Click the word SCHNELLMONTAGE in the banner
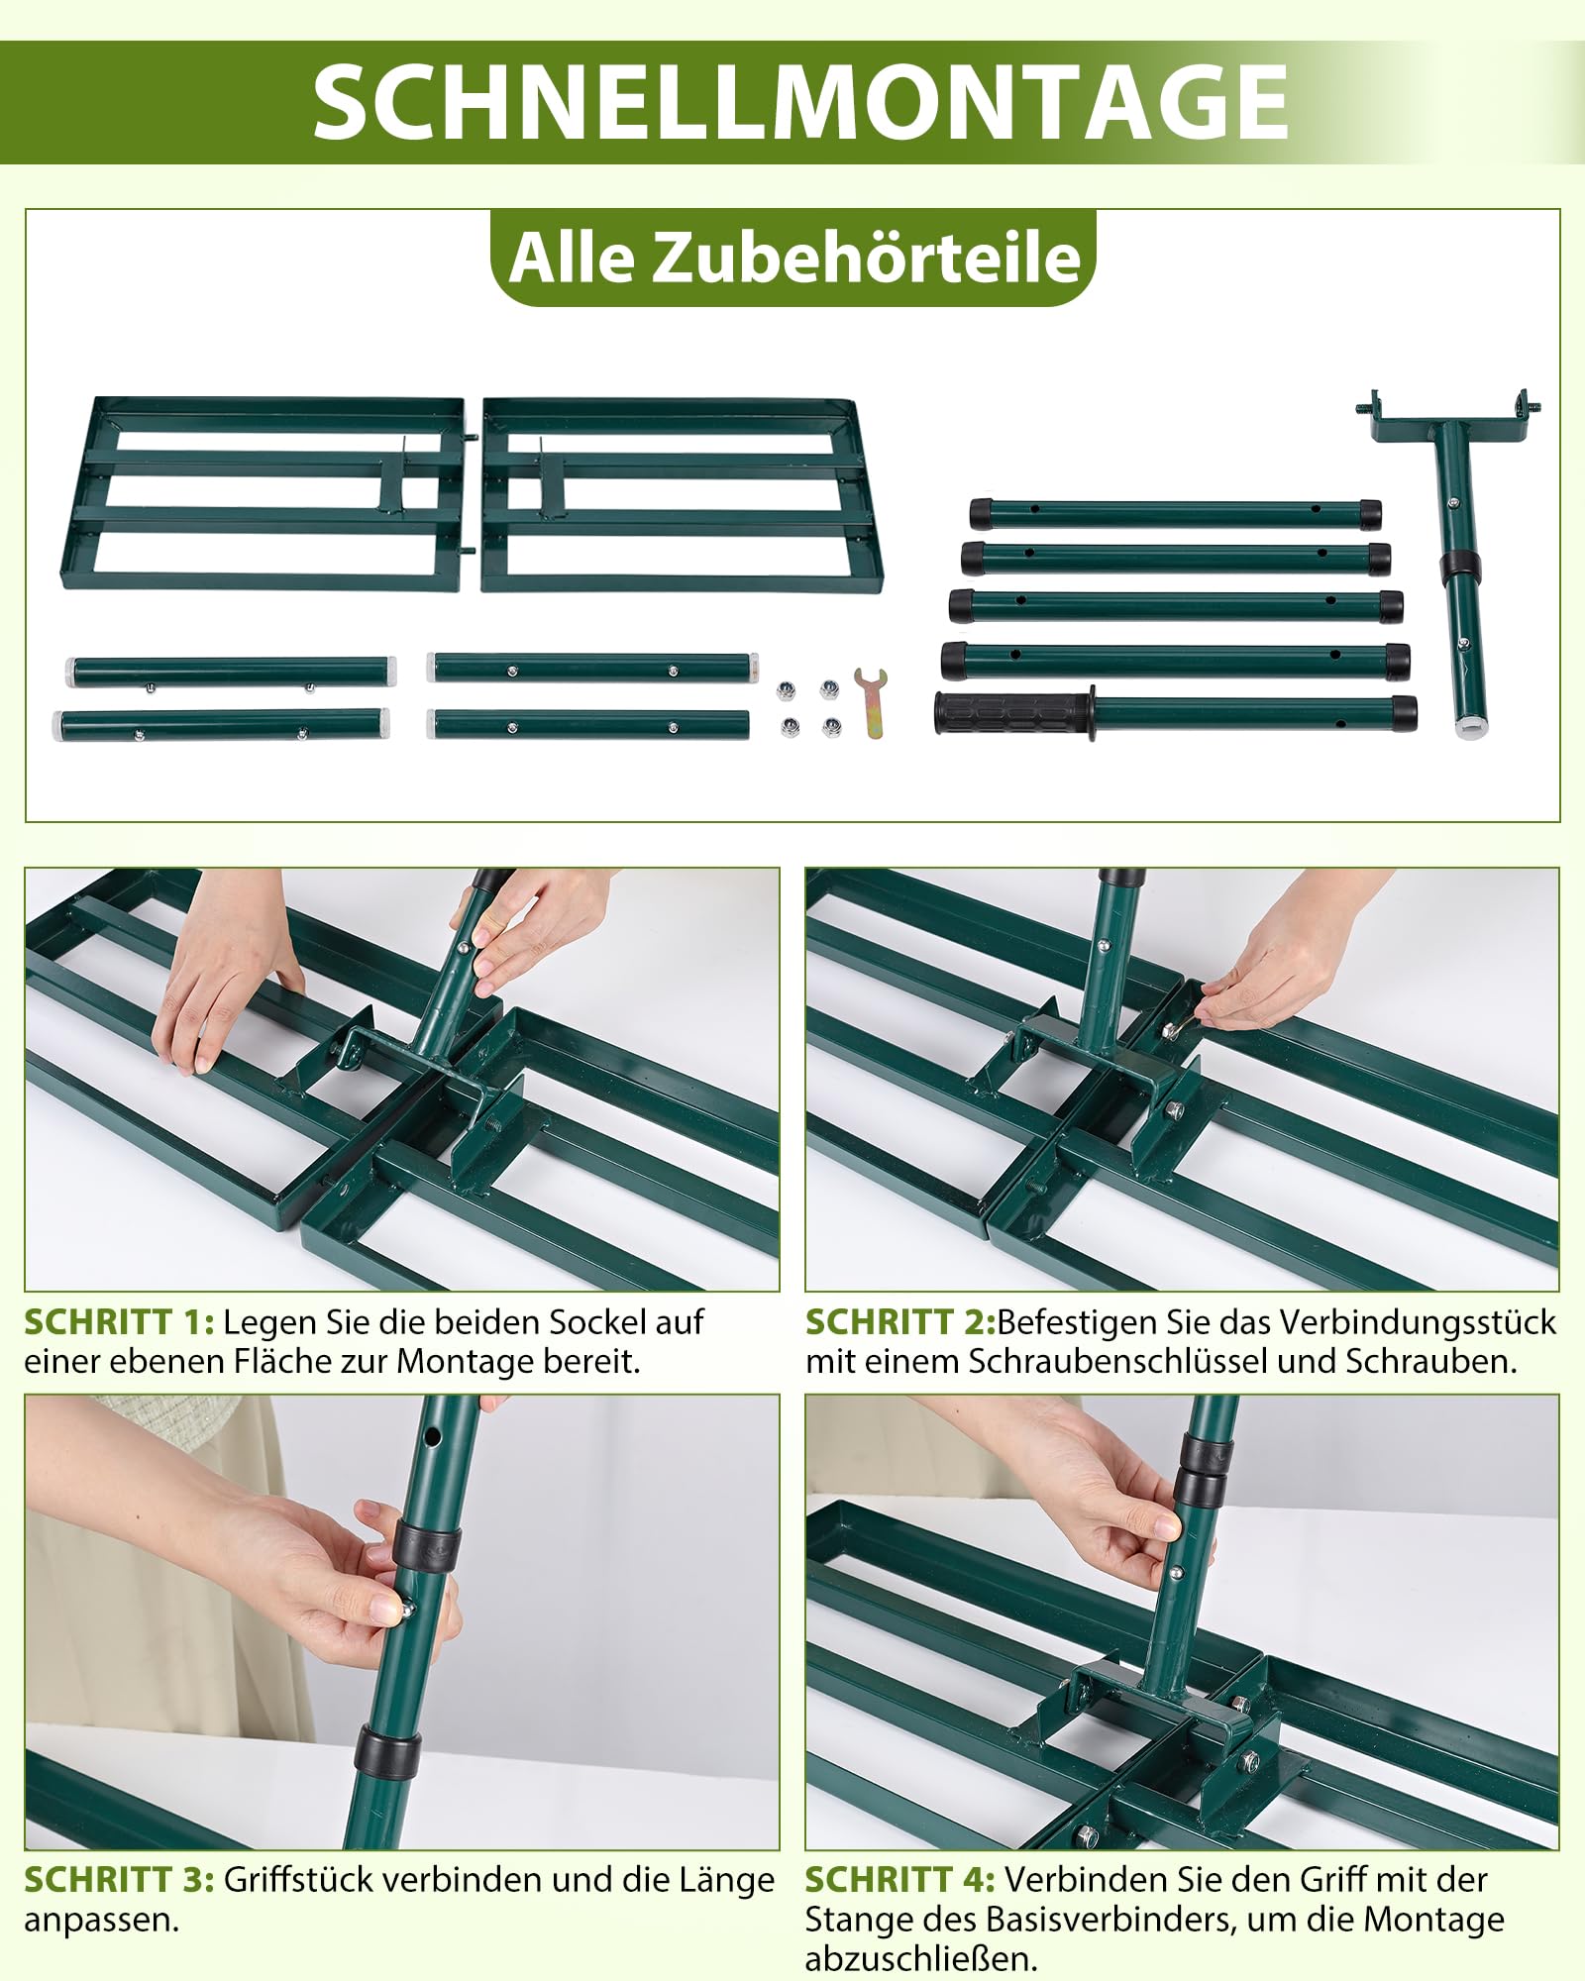(x=799, y=102)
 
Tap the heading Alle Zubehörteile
(x=794, y=258)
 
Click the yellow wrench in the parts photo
(x=871, y=702)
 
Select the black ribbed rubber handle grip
(x=1014, y=713)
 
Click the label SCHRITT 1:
(x=119, y=1322)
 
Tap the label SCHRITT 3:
(x=119, y=1879)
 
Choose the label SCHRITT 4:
(x=899, y=1879)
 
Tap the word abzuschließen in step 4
(x=921, y=1959)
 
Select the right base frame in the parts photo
(x=682, y=495)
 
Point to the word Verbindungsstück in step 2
(x=1418, y=1323)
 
